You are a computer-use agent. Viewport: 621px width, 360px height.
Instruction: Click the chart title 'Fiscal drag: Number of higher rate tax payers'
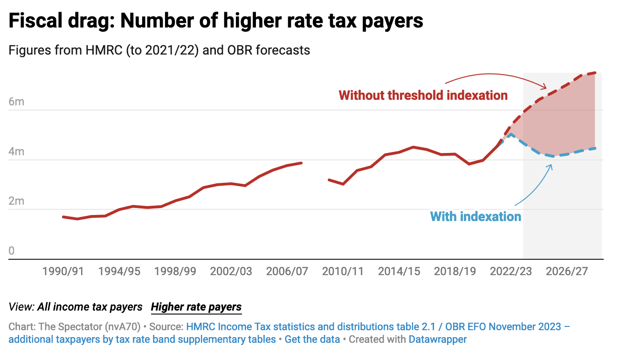pos(216,21)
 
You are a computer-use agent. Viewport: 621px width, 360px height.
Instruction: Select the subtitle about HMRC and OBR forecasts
pos(159,50)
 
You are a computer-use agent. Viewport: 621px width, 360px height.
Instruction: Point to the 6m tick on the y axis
pos(16,102)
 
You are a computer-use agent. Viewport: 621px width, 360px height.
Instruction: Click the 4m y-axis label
pos(16,152)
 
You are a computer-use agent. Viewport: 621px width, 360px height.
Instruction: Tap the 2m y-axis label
pos(16,201)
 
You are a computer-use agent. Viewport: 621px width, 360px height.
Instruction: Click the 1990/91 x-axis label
pos(63,271)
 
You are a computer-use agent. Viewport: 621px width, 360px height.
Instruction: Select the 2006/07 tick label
pos(287,271)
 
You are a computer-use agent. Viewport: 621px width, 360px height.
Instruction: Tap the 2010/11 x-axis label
pos(343,271)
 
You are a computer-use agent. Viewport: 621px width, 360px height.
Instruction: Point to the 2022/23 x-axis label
pos(511,271)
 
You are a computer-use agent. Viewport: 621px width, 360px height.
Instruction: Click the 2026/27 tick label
pos(566,271)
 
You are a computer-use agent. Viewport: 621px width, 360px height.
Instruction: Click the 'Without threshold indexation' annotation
pos(423,96)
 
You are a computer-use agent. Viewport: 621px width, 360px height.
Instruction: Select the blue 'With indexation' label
pos(475,216)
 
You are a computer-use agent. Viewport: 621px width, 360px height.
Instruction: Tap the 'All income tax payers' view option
pos(90,307)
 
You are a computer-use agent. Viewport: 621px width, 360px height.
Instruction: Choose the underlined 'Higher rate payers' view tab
pos(196,307)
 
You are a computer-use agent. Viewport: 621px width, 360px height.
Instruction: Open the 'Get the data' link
pos(312,339)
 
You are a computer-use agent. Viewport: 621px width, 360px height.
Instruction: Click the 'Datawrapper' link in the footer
pos(437,339)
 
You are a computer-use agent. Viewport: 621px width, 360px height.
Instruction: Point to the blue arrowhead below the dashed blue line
pos(552,166)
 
